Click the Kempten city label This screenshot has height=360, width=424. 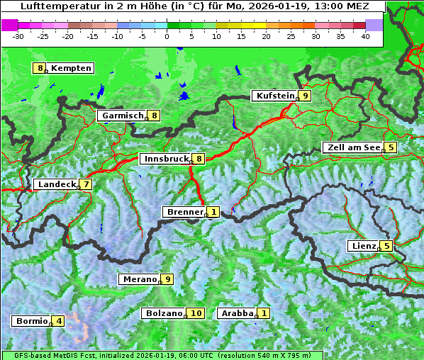(x=71, y=68)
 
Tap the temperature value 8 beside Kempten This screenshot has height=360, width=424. (x=40, y=68)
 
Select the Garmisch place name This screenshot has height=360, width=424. (x=123, y=116)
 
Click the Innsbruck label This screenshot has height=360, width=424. (x=166, y=159)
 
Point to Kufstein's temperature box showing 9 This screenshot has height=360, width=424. (x=304, y=96)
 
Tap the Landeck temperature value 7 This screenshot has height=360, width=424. (x=86, y=184)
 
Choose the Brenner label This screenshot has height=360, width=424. (x=184, y=212)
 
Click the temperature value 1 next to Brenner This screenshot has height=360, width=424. (x=213, y=212)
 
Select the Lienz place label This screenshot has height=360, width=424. (x=364, y=246)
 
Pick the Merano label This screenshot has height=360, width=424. (x=139, y=279)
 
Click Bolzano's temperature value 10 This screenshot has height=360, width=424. (x=196, y=313)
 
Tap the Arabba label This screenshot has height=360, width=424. (x=237, y=313)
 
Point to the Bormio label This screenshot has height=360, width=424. (x=31, y=321)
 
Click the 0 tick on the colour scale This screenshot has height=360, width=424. (x=167, y=35)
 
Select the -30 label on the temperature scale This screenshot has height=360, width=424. (x=18, y=35)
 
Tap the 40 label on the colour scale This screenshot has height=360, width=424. (x=365, y=35)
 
